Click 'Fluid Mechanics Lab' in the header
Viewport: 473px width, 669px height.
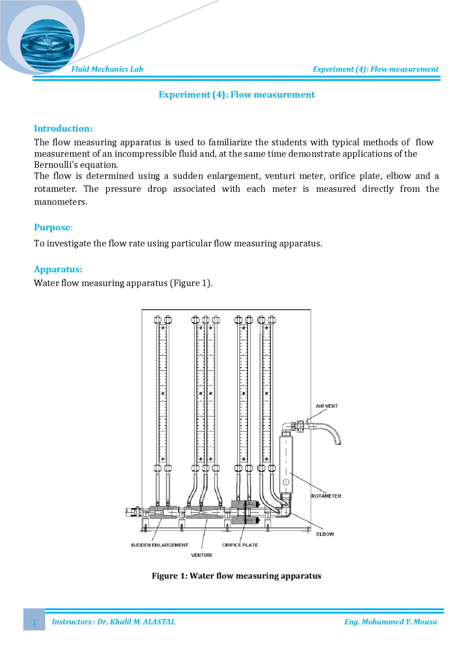click(107, 69)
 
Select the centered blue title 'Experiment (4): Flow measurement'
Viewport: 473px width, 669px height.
click(236, 95)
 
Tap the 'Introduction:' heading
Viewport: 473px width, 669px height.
click(63, 129)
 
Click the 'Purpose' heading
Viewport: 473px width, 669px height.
click(52, 227)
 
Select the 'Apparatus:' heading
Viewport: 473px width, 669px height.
click(58, 269)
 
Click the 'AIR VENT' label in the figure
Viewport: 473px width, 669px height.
click(327, 406)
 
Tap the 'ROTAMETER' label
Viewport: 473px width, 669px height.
click(326, 496)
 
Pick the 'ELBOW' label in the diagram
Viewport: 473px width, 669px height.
click(325, 534)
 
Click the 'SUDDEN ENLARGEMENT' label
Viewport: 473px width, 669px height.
click(159, 545)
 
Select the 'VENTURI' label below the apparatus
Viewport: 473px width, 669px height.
click(201, 555)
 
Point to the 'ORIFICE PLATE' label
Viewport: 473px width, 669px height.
click(240, 545)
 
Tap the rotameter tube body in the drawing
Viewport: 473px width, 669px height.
click(286, 464)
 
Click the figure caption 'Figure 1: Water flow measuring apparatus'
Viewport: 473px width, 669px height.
click(236, 576)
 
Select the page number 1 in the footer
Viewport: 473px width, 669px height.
click(34, 622)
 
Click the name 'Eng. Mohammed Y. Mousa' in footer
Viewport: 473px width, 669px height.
click(390, 622)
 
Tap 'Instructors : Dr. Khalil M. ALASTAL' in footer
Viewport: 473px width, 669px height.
click(113, 622)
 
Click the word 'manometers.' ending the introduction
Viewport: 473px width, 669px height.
click(61, 202)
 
